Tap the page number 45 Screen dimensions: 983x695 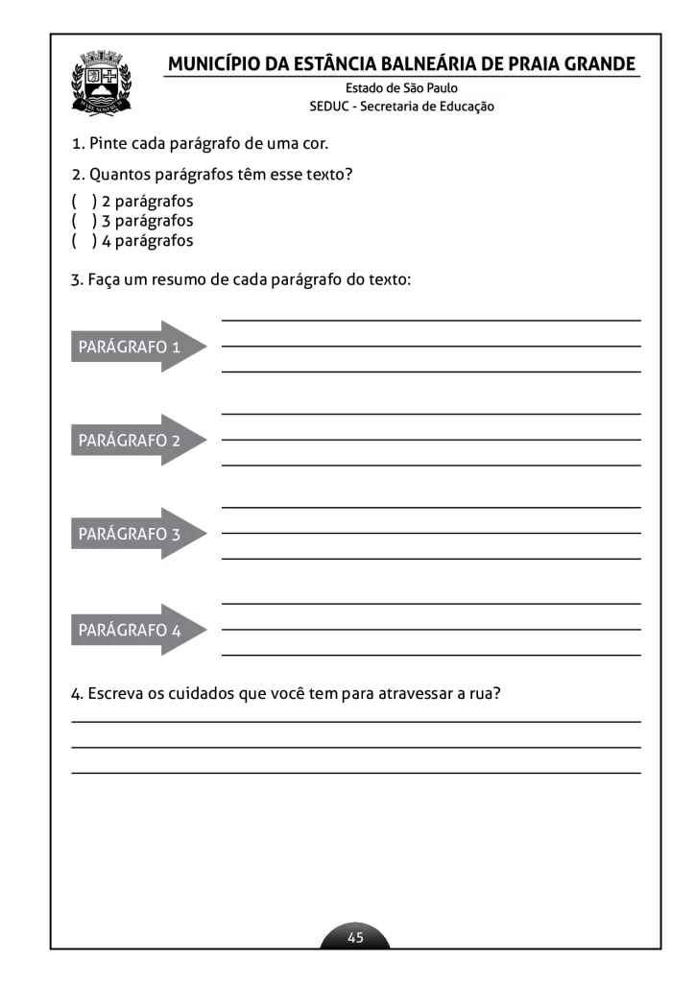(x=355, y=937)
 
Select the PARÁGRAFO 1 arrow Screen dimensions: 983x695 (x=137, y=347)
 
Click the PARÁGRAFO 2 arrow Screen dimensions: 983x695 (x=137, y=441)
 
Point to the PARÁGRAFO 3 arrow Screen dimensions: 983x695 (x=137, y=534)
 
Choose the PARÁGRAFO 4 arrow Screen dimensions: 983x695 (x=137, y=631)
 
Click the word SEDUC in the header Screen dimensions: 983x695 (x=329, y=107)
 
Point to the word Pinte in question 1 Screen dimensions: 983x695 (x=109, y=144)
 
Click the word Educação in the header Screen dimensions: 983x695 (x=466, y=107)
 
